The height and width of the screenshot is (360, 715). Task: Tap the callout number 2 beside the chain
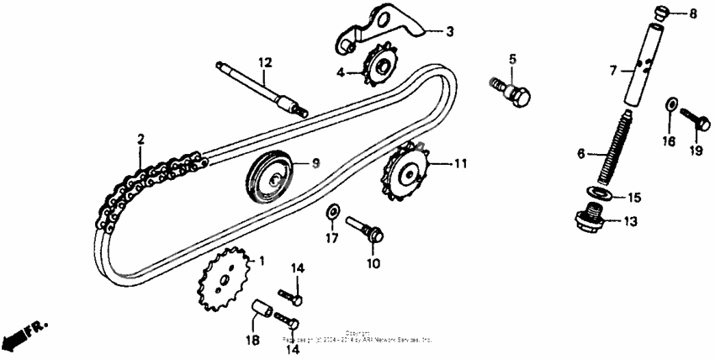pos(141,139)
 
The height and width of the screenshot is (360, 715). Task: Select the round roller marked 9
pos(270,175)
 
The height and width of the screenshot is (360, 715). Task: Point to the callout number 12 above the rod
pos(265,63)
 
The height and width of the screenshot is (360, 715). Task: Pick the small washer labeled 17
pos(333,209)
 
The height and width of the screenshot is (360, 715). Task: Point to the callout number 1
pos(262,261)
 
